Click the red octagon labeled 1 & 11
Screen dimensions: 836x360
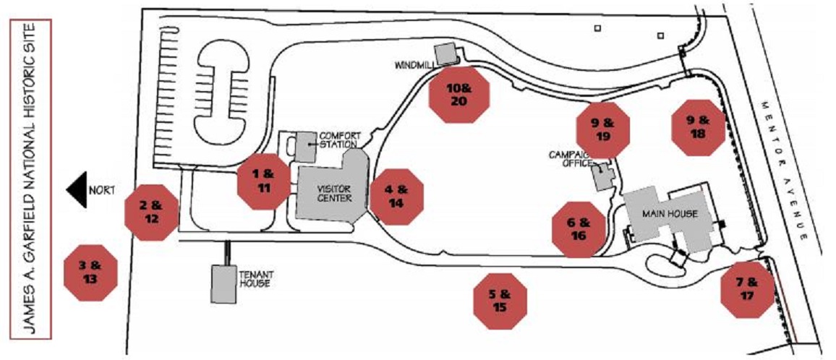(263, 181)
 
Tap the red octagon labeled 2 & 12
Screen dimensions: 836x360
(151, 213)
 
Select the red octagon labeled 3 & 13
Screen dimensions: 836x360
(90, 273)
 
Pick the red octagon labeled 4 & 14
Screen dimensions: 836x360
(397, 197)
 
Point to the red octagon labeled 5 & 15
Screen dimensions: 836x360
(500, 301)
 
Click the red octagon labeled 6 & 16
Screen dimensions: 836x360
(579, 229)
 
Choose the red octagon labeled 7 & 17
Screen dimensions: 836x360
(747, 290)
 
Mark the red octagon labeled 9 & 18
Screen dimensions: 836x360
(698, 127)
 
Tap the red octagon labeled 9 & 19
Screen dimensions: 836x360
(603, 130)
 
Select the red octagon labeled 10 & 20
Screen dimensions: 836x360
(460, 95)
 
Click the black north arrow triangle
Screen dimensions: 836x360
(77, 189)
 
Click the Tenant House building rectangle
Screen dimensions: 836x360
(224, 284)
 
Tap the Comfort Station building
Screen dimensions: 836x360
(305, 147)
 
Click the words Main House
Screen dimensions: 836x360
(670, 214)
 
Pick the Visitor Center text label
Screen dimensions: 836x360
(334, 194)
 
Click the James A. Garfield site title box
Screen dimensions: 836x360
(30, 179)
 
